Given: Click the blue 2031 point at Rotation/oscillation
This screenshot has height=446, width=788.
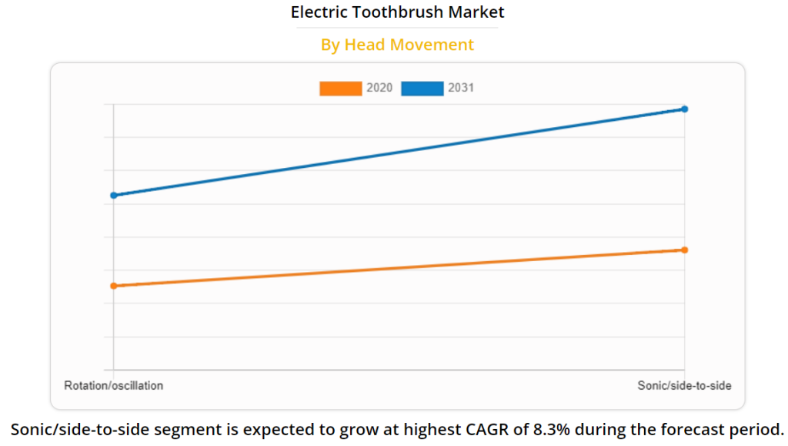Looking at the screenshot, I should pos(114,195).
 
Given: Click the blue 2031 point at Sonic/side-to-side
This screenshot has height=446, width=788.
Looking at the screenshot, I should pos(684,109).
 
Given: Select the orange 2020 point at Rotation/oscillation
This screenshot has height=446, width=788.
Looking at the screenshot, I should pos(114,286).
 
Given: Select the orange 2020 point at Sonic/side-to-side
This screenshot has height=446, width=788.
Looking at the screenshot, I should pos(684,250).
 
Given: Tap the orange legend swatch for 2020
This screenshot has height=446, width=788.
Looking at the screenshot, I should pos(340,89).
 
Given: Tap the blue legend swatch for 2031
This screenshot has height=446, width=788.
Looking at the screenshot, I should pos(422,89).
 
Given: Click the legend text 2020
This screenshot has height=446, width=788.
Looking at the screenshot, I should pos(379,89).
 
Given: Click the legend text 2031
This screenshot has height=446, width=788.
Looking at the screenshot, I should pos(461,89).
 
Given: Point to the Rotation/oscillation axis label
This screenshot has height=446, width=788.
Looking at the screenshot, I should pos(114,385).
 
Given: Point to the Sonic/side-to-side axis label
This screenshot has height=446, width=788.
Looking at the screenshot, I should pos(684,385).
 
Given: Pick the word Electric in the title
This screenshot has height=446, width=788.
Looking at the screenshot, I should pos(316,12).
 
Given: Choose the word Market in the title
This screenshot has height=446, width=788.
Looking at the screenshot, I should pos(479,12).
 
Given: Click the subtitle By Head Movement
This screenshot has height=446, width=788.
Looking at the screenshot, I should pos(397,45).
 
